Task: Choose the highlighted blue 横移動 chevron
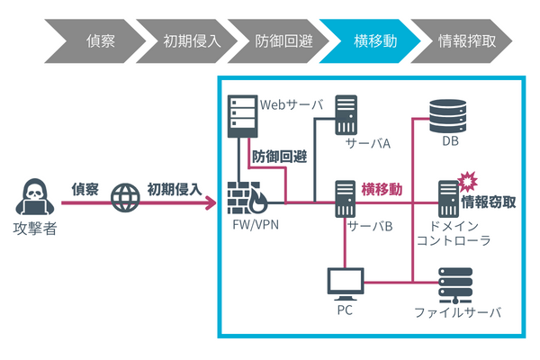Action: pos(371,40)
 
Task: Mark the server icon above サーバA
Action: pos(346,115)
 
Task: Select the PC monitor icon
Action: pos(345,283)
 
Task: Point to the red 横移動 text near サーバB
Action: pos(382,189)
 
